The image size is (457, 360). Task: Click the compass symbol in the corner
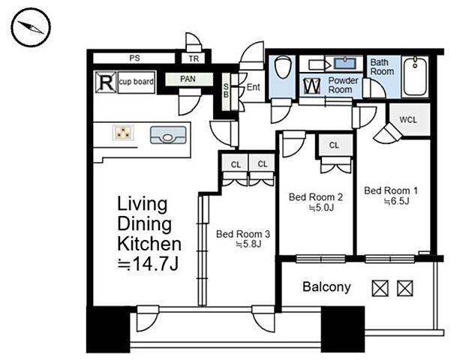pos(31,27)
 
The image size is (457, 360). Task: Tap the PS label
pos(134,58)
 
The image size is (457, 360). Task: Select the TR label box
pos(194,58)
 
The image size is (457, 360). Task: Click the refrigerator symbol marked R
pos(106,82)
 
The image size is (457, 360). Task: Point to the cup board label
pos(137,82)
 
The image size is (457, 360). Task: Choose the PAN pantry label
pos(188,79)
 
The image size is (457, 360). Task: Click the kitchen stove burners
pos(123,133)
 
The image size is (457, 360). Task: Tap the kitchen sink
pos(168,135)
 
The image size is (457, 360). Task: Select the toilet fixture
pos(282,67)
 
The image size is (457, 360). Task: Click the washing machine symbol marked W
pos(311,86)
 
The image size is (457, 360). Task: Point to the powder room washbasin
pos(345,63)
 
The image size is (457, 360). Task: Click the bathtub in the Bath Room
pos(415,76)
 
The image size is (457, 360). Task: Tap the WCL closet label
pos(408,120)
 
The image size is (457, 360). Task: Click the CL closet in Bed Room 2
pos(334,145)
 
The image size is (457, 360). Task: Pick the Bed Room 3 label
pos(243,234)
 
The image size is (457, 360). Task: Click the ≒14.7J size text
pos(148,265)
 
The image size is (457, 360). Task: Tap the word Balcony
pos(326,287)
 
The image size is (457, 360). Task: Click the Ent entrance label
pos(254,87)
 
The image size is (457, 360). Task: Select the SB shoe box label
pos(226,91)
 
